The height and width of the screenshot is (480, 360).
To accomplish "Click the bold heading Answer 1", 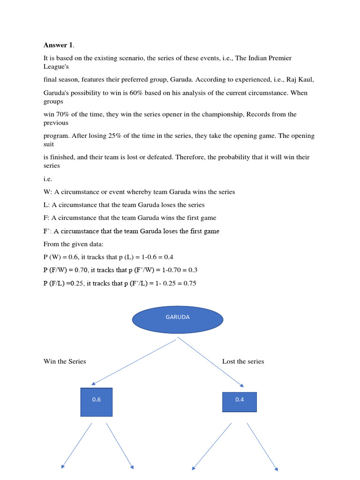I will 58,45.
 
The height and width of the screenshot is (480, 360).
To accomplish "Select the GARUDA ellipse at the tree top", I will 178,319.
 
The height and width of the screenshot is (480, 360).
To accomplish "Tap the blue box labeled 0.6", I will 97,402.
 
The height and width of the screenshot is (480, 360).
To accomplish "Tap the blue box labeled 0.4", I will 239,402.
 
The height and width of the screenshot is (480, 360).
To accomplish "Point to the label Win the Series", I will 65,361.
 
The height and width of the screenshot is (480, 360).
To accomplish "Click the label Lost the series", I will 243,361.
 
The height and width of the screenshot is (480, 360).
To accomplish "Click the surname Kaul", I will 305,80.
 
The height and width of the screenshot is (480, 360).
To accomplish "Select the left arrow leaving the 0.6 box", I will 77,445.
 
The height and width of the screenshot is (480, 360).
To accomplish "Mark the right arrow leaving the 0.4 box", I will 262,446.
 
